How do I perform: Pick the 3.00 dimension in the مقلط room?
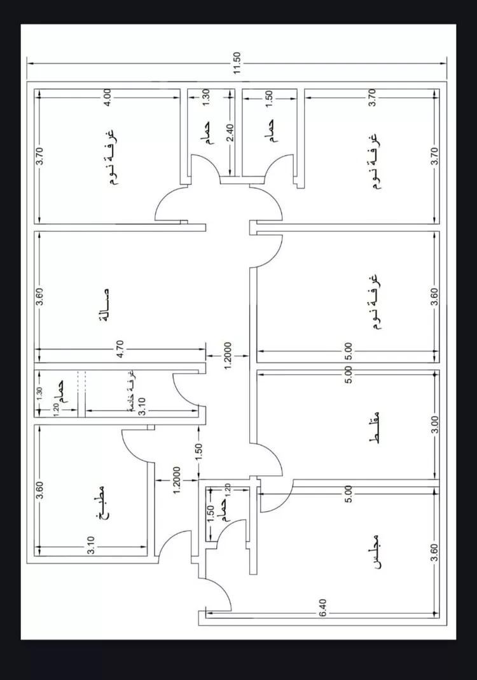tap(434, 425)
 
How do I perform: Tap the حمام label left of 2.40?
tap(209, 135)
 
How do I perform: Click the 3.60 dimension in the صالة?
tap(39, 297)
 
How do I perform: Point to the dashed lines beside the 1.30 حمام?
tap(81, 380)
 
